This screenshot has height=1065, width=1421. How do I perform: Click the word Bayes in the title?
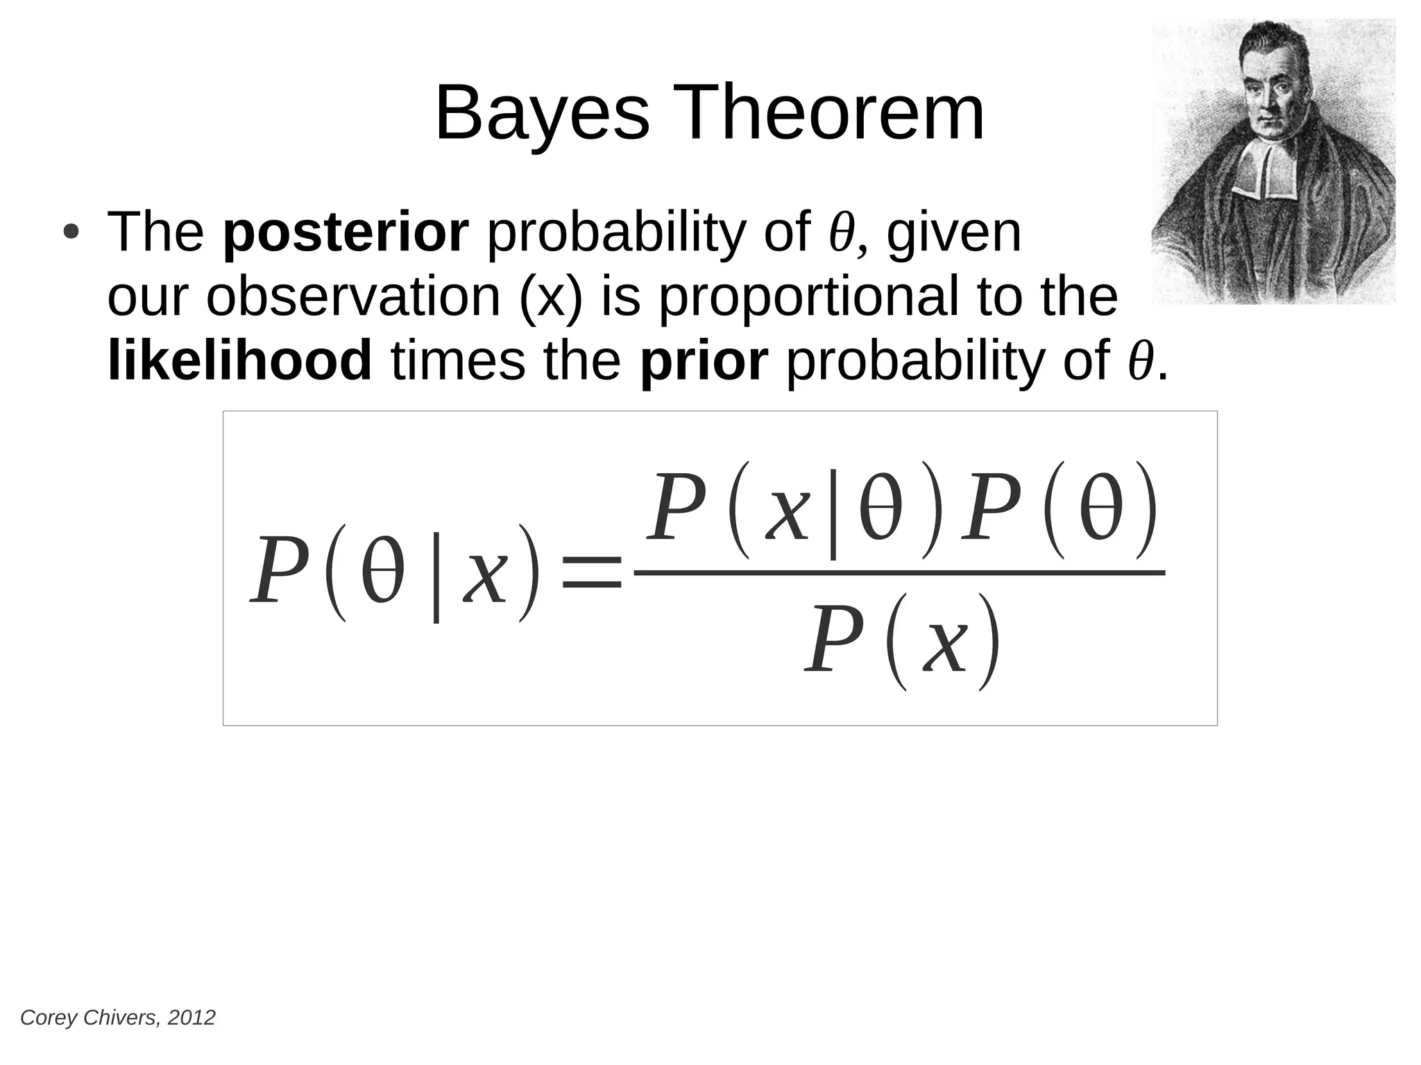point(542,113)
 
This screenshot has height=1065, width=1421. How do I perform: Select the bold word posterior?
point(346,233)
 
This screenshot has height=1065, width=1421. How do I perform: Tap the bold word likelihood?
point(240,361)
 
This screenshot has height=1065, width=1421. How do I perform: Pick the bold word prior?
point(703,361)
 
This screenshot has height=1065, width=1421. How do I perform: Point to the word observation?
point(353,297)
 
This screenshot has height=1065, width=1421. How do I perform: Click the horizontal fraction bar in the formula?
point(899,573)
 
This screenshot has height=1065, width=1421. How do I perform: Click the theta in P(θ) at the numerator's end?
point(1101,511)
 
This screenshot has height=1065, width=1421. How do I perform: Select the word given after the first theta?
point(954,233)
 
